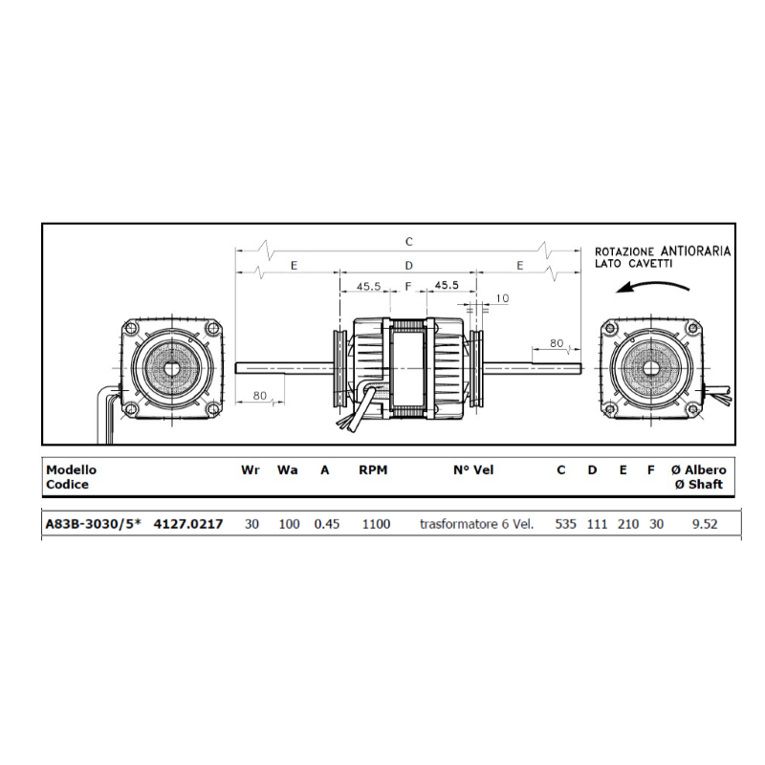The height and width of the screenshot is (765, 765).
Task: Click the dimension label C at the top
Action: pos(408,240)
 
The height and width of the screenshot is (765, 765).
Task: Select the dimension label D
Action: pos(408,265)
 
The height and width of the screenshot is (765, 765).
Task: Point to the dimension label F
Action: pos(408,286)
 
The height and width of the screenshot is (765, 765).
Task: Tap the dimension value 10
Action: pos(503,298)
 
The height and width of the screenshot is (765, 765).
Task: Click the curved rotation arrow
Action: pos(653,287)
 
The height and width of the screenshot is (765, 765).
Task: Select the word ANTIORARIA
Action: pos(693,251)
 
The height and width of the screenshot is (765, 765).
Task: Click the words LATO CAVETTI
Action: pos(634,263)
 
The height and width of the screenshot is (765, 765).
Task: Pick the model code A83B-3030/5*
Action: pos(93,524)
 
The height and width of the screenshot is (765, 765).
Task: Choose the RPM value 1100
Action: pos(376,524)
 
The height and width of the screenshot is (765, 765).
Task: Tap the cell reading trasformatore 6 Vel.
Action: pos(476,524)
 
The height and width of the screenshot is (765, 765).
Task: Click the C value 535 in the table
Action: pos(566,524)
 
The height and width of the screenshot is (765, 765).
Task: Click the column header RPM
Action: pos(373,470)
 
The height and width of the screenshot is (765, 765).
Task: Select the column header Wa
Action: pos(287,470)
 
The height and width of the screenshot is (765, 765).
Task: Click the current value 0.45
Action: pos(326,524)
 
